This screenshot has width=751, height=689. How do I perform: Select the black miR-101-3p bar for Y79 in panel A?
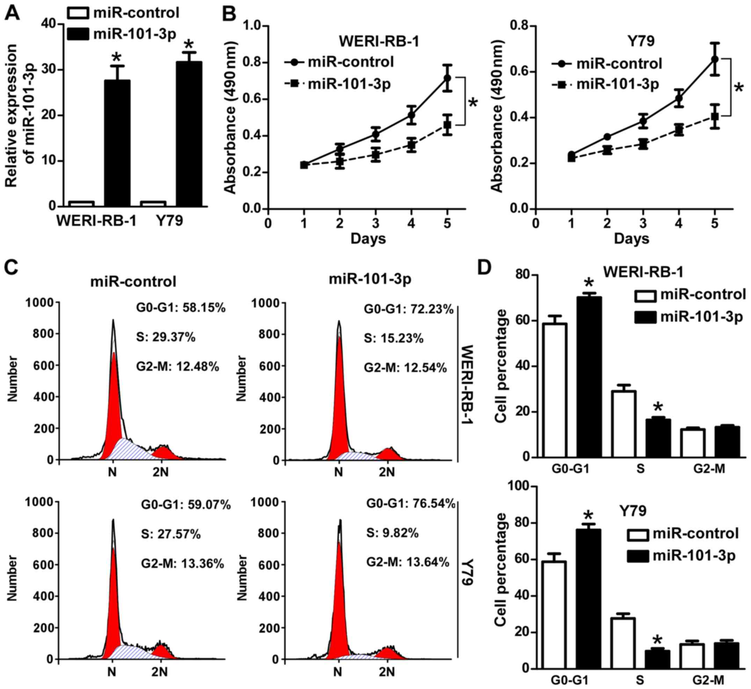tap(189, 134)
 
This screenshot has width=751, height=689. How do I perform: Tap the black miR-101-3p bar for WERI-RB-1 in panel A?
tap(117, 143)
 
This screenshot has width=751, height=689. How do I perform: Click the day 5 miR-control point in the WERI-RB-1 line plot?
tap(447, 78)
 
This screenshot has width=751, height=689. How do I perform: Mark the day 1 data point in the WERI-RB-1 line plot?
tap(304, 165)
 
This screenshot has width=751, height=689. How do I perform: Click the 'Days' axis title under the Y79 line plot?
tap(632, 239)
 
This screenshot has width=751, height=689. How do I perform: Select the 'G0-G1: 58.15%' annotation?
tap(181, 308)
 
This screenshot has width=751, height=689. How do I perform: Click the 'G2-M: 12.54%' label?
tap(405, 368)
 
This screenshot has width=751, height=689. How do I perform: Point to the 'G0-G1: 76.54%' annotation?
tap(410, 504)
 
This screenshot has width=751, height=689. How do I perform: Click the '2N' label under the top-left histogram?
tap(160, 472)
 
